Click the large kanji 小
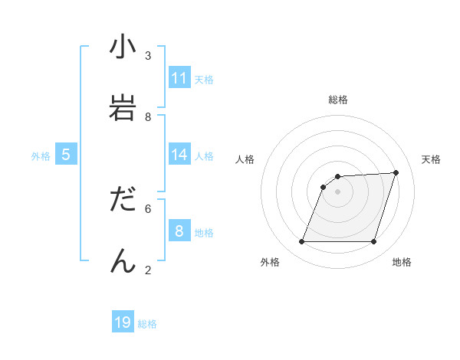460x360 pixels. (x=123, y=47)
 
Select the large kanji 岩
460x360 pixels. (x=123, y=107)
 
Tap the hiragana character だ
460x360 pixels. (x=123, y=199)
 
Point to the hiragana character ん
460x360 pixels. (x=123, y=260)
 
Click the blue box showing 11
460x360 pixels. (x=179, y=78)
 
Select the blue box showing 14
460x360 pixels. (x=179, y=155)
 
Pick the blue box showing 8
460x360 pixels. (x=179, y=231)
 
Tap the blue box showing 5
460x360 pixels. (x=66, y=155)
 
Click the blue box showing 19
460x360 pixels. (x=123, y=322)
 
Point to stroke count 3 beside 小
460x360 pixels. (x=148, y=56)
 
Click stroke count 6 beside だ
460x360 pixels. (x=148, y=208)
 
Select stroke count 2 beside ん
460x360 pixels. (x=148, y=269)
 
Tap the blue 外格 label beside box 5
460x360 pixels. (x=41, y=156)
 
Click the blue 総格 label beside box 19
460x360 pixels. (x=147, y=324)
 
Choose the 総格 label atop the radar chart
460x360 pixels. (x=338, y=100)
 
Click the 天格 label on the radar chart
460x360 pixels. (x=431, y=159)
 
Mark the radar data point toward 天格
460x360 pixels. (x=396, y=172)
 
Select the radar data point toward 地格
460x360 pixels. (x=374, y=242)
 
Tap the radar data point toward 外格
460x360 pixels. (x=301, y=242)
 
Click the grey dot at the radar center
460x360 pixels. (x=338, y=191)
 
